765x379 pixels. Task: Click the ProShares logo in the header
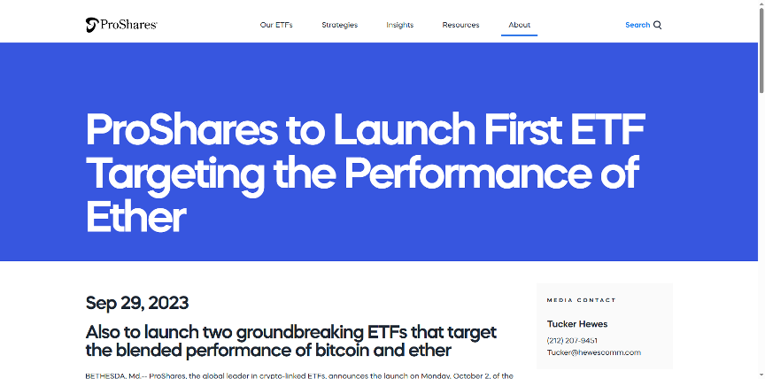pos(121,25)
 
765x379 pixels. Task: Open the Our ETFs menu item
pos(276,25)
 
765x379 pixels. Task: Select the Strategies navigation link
pos(340,25)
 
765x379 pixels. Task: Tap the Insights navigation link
pos(399,25)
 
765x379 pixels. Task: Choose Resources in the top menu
pos(460,25)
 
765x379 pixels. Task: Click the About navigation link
pos(519,25)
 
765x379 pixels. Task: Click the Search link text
pos(637,25)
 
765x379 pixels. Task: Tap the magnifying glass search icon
pos(657,26)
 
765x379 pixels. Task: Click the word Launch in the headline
pos(404,130)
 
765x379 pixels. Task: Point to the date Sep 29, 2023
pos(137,304)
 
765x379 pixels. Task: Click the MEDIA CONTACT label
pos(581,300)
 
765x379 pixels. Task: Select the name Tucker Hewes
pos(577,324)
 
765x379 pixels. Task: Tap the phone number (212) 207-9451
pos(572,340)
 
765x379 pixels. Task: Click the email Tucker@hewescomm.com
pos(594,352)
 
